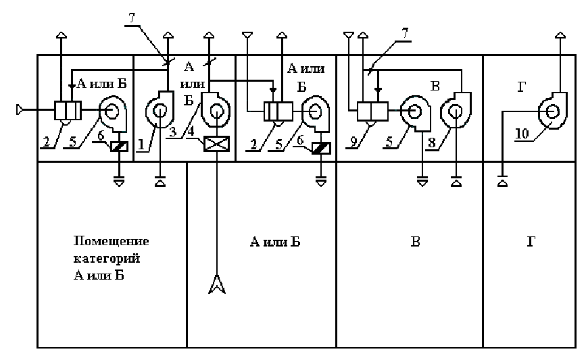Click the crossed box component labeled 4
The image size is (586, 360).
point(216,144)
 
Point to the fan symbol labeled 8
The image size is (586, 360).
point(456,110)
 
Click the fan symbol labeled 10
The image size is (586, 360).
point(552,111)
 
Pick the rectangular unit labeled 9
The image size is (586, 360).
point(372,111)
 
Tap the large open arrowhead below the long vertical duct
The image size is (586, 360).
point(217,284)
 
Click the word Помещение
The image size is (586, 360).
point(111,241)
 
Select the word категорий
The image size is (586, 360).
point(107,258)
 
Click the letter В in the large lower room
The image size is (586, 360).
point(415,241)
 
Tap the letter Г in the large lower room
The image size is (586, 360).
point(531,241)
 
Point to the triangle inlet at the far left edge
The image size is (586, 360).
point(20,110)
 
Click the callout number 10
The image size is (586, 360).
point(522,133)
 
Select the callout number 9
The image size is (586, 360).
point(353,142)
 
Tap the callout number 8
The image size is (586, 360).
point(432,143)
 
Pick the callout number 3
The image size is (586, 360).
point(172,132)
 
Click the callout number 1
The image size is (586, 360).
point(141,144)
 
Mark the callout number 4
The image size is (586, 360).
point(191,132)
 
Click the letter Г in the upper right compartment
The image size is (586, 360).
point(522,87)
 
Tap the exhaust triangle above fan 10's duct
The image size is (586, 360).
point(560,35)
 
